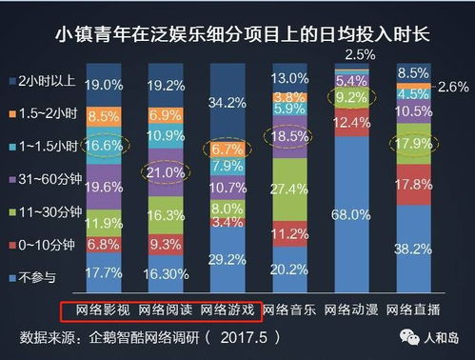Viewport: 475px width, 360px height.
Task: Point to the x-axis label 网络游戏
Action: pyautogui.click(x=228, y=310)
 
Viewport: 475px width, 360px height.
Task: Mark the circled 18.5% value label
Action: pyautogui.click(x=289, y=136)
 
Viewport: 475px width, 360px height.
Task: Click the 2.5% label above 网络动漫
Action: pyautogui.click(x=359, y=53)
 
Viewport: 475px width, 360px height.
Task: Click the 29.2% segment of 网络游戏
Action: pyautogui.click(x=228, y=258)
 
